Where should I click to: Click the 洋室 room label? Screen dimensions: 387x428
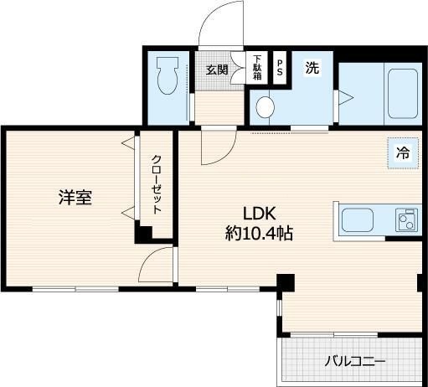[75, 198]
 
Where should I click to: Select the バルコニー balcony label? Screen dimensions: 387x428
[355, 362]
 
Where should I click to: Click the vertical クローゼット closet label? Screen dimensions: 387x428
[156, 184]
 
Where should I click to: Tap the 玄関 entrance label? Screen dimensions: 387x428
[217, 70]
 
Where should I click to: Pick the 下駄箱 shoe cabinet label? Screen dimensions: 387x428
[257, 67]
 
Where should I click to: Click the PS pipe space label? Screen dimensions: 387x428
[280, 66]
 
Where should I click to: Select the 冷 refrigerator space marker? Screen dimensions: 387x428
[403, 152]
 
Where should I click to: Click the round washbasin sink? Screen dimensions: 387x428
[266, 106]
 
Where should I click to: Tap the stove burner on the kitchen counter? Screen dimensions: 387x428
[408, 222]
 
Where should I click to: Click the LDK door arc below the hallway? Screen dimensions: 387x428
[215, 149]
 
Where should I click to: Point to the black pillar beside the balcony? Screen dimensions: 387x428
[285, 282]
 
